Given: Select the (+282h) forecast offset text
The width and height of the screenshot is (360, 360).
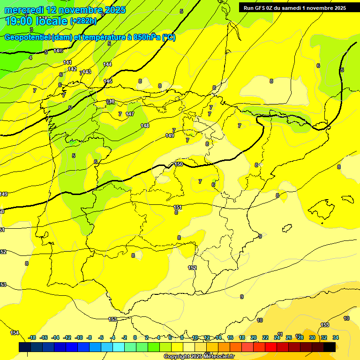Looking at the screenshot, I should [83, 21].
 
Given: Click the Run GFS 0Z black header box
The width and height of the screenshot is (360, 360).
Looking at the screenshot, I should [295, 7].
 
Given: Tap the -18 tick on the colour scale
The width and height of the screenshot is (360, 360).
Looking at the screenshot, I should [32, 337].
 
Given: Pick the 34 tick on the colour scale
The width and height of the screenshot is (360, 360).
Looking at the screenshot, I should [336, 337].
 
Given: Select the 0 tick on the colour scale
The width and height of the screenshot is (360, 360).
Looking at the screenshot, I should [135, 337].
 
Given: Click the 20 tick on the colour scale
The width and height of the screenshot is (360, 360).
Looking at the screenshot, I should [254, 337].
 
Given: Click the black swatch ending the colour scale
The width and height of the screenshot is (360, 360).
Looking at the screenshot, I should [330, 347].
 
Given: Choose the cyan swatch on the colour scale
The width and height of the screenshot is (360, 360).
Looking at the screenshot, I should [119, 347].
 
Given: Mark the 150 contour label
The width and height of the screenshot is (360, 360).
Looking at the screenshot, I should [179, 164].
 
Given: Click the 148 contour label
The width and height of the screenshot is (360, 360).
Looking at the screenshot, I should [145, 126].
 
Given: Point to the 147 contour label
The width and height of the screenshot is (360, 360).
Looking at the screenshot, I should [130, 114].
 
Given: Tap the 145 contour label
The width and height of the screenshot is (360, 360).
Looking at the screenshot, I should [108, 81].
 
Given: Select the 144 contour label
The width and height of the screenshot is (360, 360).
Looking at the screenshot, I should [107, 64].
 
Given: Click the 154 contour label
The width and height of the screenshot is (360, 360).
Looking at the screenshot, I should [15, 333].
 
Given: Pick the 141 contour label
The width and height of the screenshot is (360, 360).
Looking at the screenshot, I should [67, 62].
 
